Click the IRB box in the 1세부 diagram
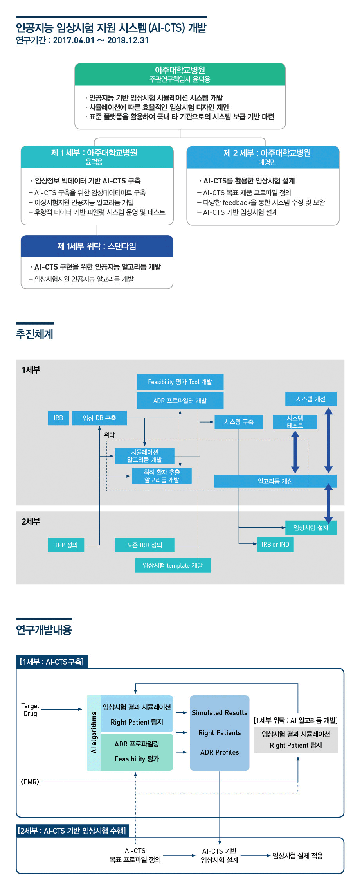click(x=58, y=418)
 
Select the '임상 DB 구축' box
click(x=99, y=418)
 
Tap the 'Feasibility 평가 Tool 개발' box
click(x=180, y=382)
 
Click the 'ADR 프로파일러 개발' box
click(x=180, y=401)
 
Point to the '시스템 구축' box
click(x=239, y=422)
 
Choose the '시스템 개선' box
click(x=311, y=399)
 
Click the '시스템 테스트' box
click(x=295, y=422)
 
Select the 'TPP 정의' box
click(x=66, y=545)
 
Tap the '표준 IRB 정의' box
click(x=144, y=545)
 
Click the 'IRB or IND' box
click(x=275, y=544)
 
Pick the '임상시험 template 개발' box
click(x=173, y=565)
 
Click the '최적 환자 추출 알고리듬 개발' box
click(x=162, y=476)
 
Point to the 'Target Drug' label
click(x=30, y=710)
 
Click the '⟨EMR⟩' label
click(x=30, y=782)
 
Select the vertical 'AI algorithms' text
click(x=94, y=732)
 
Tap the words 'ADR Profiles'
click(x=220, y=752)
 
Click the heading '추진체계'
click(x=34, y=334)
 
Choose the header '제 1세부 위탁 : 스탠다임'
click(x=97, y=246)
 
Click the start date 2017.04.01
click(x=74, y=40)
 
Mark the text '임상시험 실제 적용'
click(x=298, y=856)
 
